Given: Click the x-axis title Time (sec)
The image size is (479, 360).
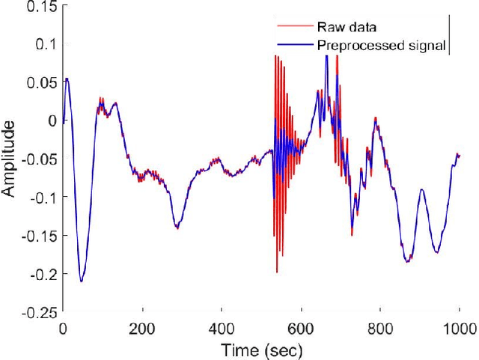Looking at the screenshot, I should pyautogui.click(x=260, y=348).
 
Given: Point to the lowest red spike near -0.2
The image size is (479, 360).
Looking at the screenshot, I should pyautogui.click(x=277, y=272).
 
